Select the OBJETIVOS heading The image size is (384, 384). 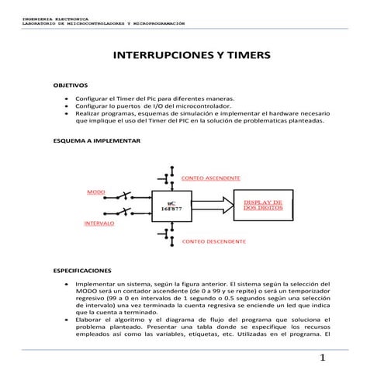pos(70,84)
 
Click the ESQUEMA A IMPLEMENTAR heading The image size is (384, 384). pos(96,142)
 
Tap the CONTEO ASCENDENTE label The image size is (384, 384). pos(210,178)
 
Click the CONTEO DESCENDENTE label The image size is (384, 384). pos(213,241)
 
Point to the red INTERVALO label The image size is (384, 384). pos(99,223)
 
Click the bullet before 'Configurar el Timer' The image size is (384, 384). pos(69,99)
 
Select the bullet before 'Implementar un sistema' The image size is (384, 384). pos(69,285)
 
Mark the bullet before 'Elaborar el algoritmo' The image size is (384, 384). pos(69,320)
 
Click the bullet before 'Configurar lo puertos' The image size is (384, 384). pos(69,106)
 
